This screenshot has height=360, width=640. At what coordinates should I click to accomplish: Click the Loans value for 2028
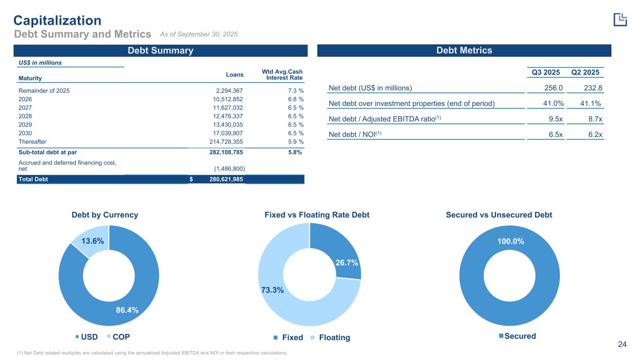click(x=226, y=116)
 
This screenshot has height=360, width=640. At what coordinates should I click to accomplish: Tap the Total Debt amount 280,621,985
click(x=220, y=179)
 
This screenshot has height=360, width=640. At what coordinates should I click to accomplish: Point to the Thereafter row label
click(x=32, y=142)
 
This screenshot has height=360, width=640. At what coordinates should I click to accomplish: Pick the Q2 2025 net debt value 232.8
click(x=590, y=88)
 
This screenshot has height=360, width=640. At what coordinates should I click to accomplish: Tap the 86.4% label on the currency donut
click(x=127, y=310)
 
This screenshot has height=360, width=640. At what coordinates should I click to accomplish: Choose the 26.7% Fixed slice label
click(x=347, y=263)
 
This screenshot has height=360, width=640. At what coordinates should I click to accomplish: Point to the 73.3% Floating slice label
click(x=272, y=290)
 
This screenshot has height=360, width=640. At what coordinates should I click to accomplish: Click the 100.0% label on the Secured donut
click(x=511, y=241)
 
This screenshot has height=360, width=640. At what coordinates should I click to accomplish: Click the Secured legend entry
click(x=517, y=336)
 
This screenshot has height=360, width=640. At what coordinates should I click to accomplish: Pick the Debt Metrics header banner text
click(x=464, y=51)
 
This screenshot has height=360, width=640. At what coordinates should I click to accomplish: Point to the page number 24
click(x=622, y=345)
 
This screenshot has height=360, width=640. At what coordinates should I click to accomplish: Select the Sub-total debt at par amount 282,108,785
click(x=220, y=152)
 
